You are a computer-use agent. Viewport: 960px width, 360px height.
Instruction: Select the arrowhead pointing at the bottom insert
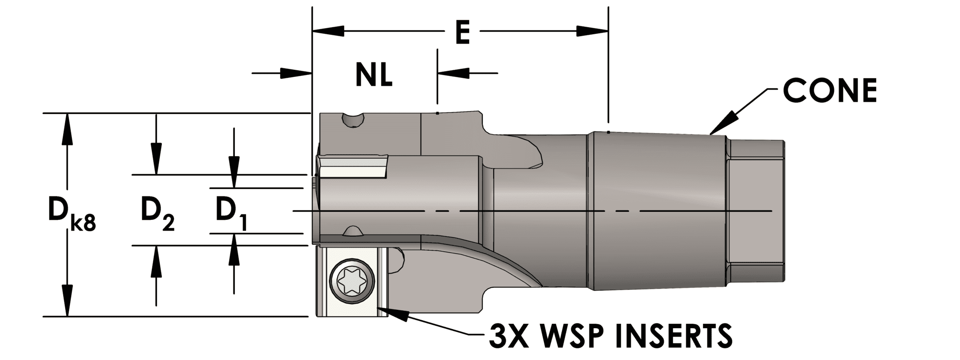[x=389, y=312]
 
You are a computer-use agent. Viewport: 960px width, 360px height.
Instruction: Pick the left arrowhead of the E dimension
[x=328, y=31]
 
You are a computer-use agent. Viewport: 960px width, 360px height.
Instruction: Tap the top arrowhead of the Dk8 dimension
[x=67, y=129]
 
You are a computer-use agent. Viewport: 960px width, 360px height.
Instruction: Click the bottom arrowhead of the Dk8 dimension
[x=67, y=300]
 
